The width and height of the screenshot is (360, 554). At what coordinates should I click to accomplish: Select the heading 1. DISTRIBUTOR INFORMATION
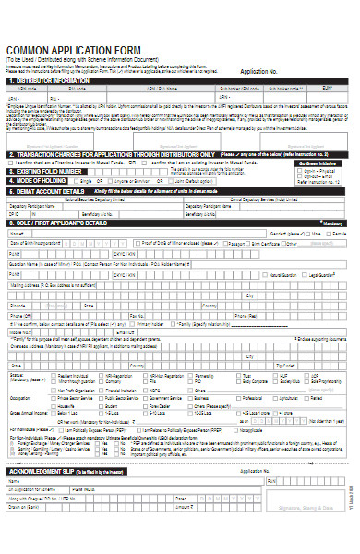tap(55, 80)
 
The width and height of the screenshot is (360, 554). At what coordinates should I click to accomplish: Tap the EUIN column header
tap(326, 89)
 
